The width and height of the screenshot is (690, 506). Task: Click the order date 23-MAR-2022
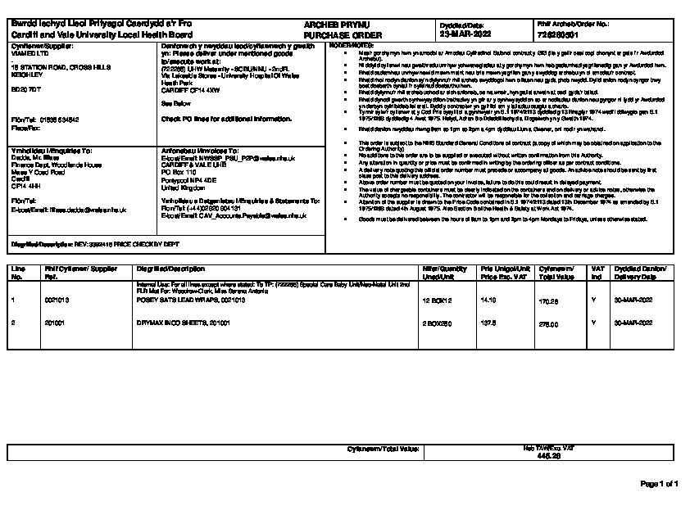466,35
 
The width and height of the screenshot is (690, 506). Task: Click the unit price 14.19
488,300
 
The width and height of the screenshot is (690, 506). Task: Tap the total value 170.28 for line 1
548,301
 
